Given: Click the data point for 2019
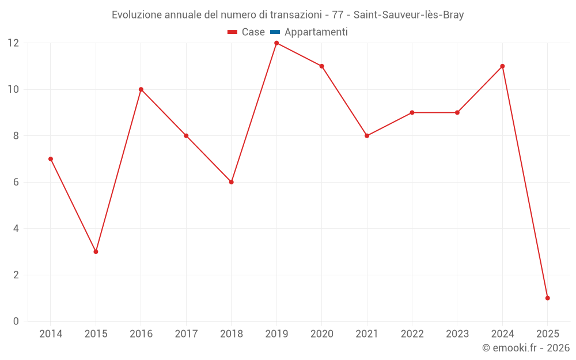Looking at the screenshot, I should (x=276, y=43).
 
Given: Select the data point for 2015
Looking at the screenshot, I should (x=96, y=252).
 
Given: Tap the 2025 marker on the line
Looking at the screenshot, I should (x=547, y=298).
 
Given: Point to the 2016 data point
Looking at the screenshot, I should (x=141, y=89).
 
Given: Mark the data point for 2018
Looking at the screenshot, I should (x=231, y=182).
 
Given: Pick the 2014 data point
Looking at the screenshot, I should (x=51, y=159).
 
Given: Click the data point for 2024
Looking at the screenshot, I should (x=502, y=66).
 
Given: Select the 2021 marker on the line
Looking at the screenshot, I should (x=367, y=136).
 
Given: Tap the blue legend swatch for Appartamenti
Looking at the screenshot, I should (x=275, y=32).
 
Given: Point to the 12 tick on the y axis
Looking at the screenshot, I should (x=13, y=43).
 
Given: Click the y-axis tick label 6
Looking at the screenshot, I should (x=16, y=182).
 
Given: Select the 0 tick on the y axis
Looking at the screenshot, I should (x=16, y=321).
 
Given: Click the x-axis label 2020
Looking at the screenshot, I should (x=321, y=334).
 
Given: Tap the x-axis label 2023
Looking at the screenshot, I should (x=457, y=334).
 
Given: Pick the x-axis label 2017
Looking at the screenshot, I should (x=186, y=334).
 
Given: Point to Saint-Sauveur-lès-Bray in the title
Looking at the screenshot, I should (x=408, y=15).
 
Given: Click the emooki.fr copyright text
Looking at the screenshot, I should (x=526, y=348).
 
